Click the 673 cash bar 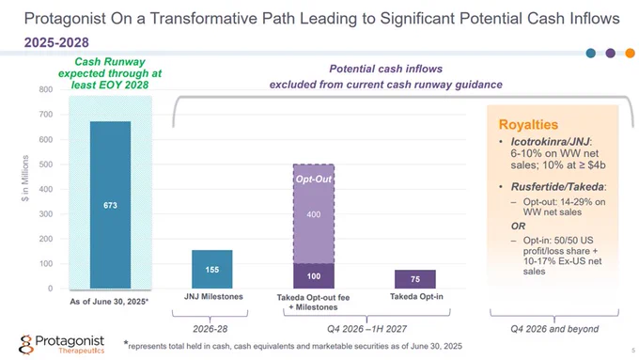(110, 205)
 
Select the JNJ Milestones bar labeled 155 (212, 269)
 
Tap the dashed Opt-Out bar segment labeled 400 (314, 214)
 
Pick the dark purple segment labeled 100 (314, 276)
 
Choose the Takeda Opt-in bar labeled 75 (415, 279)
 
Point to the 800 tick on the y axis (46, 89)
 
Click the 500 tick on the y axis (46, 164)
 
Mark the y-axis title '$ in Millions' (25, 179)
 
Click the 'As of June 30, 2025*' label (109, 302)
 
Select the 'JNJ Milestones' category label (213, 297)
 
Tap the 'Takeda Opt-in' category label (416, 297)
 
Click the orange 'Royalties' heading (528, 124)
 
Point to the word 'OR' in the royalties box (518, 227)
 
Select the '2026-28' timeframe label (210, 329)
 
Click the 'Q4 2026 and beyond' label (554, 329)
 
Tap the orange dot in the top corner (630, 53)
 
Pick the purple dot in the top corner (611, 53)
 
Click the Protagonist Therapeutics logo (61, 345)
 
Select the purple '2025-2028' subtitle (56, 42)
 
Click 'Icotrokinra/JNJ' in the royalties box (550, 142)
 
